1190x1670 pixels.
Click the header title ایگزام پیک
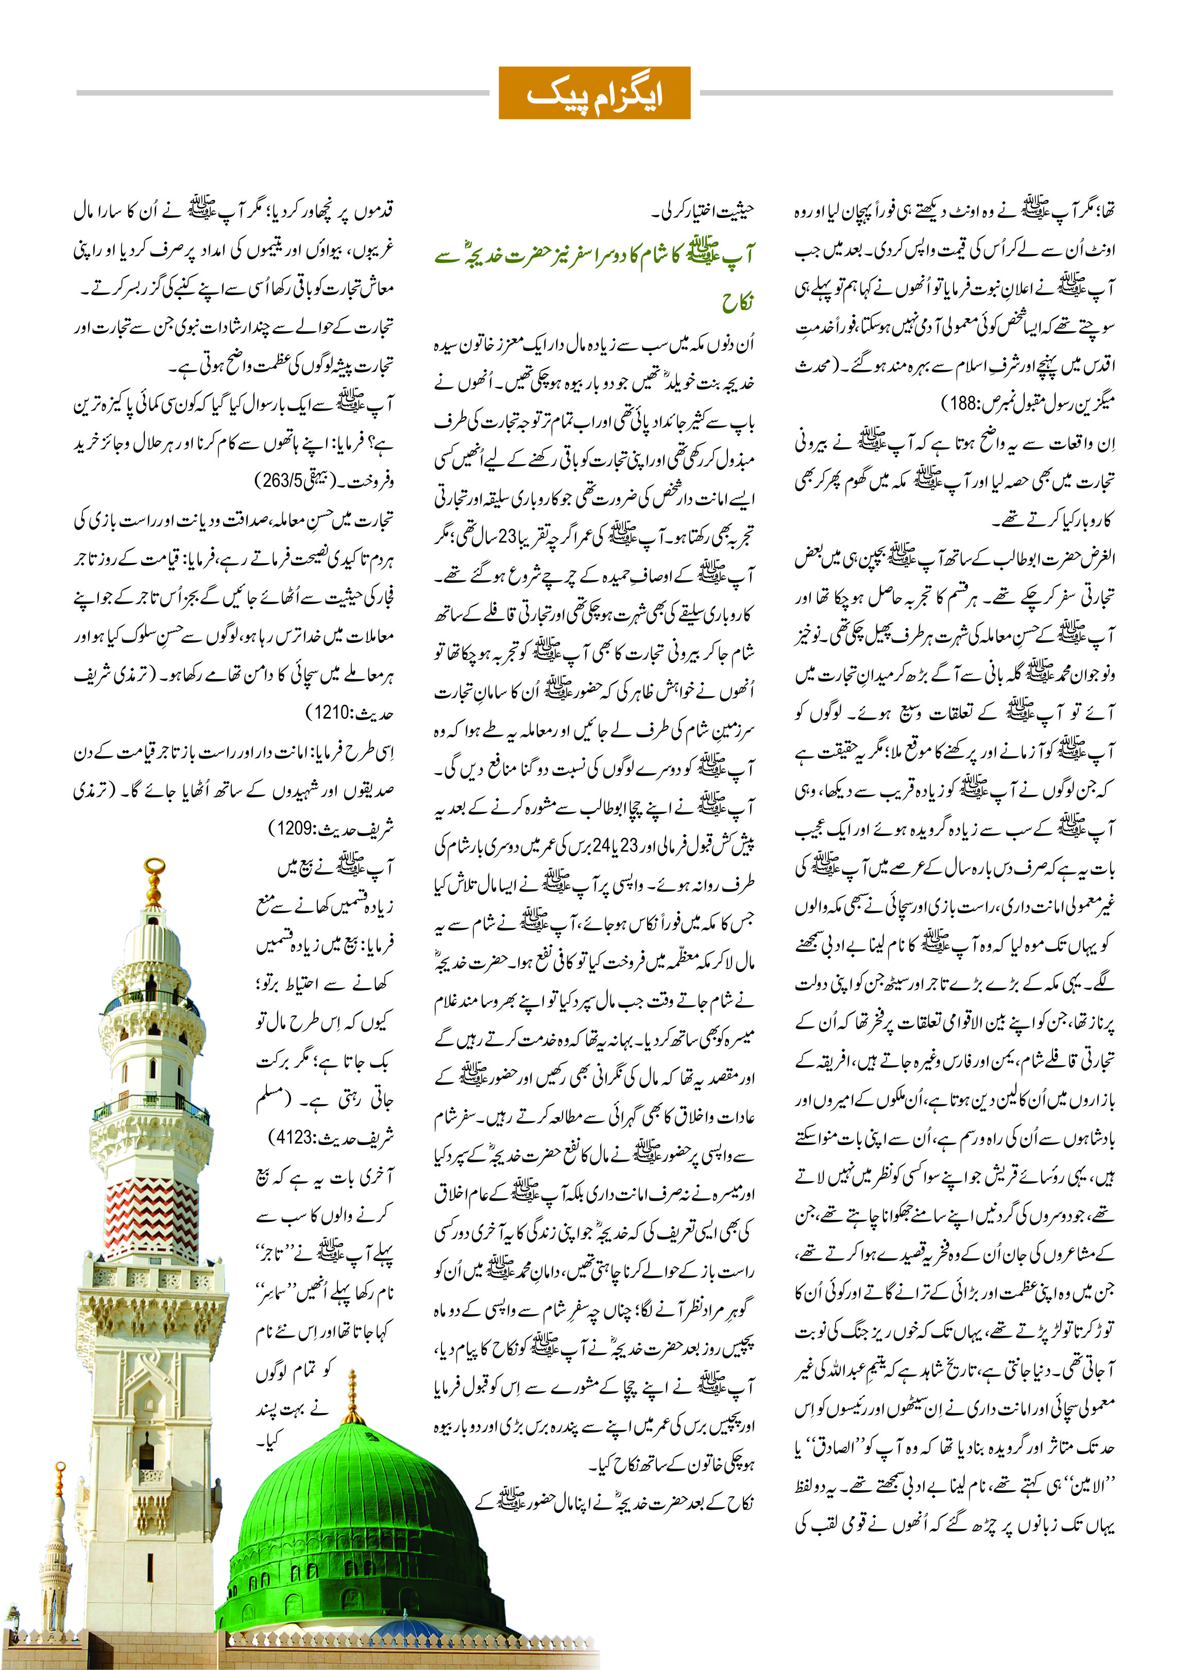pyautogui.click(x=594, y=94)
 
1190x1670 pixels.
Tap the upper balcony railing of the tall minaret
pyautogui.click(x=150, y=1000)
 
